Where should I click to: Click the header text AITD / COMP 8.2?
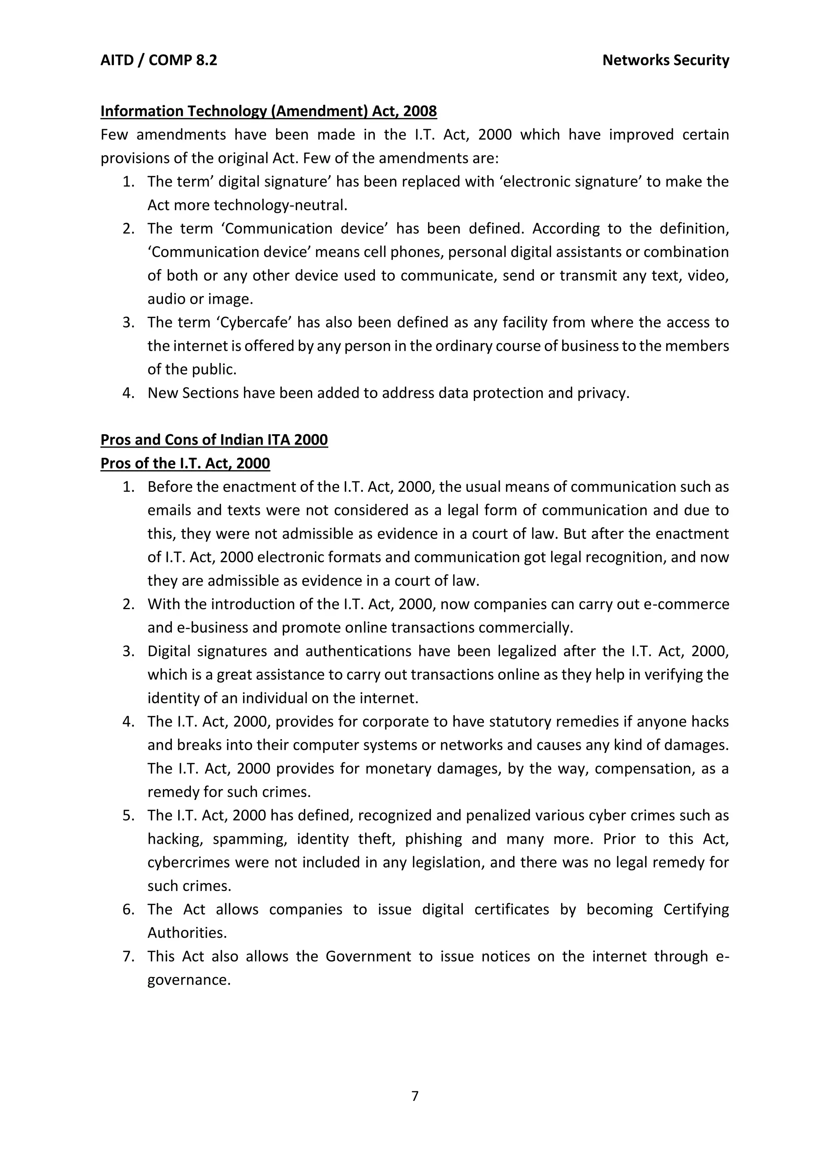[x=158, y=60]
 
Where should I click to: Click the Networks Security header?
[x=665, y=60]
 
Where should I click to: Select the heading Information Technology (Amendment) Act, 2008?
[x=268, y=111]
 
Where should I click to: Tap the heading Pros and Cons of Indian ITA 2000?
[x=214, y=439]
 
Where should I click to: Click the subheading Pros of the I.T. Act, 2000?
[x=185, y=463]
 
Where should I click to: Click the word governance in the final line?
[x=188, y=980]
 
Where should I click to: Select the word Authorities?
[x=186, y=933]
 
